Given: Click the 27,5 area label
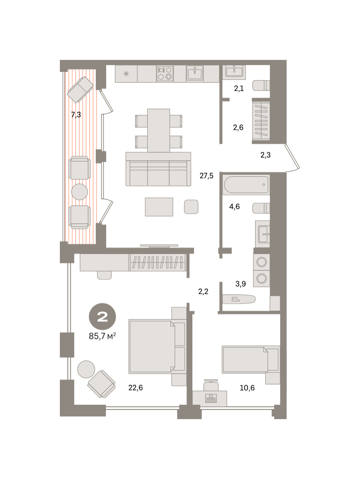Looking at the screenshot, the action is pos(206,176).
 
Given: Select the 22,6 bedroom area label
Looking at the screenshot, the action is pos(135,388).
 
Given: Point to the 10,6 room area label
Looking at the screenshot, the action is pos(247,388).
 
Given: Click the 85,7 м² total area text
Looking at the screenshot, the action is pos(102,336).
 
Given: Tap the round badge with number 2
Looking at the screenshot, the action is pos(102,317).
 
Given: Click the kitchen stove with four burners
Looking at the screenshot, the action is pos(165,73).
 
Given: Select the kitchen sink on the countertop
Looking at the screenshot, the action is pos(195,73).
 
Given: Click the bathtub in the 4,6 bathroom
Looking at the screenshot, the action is pos(246,185).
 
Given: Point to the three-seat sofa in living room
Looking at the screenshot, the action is pos(158,169).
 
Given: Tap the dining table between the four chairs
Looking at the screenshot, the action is pos(158,131).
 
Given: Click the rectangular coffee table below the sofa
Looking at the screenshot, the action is pos(159,207).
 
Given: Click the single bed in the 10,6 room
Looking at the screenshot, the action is pos(251,359).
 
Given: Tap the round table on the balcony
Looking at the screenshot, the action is pos(80,192).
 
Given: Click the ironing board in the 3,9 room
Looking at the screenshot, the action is pos(239,299).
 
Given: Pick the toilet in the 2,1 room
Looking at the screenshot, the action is pos(261,85).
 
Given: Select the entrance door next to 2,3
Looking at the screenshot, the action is pos(293,158).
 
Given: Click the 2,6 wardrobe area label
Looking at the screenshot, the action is pos(238,127).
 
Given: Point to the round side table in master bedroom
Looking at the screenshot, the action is pos(86,369).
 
